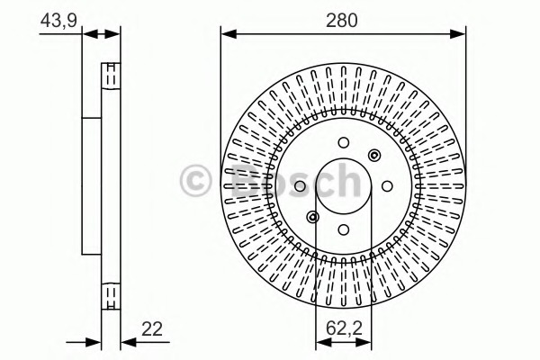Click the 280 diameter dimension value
coord(342,21)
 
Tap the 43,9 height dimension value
coord(58,21)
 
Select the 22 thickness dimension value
coord(152,329)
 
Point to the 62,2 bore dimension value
coord(344,328)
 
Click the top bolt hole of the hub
coord(344,142)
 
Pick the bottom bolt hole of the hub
coord(344,229)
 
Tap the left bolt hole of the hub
coord(300,186)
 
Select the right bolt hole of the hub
coord(387,186)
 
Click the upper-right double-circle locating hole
coord(374,155)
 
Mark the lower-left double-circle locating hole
coord(312,217)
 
